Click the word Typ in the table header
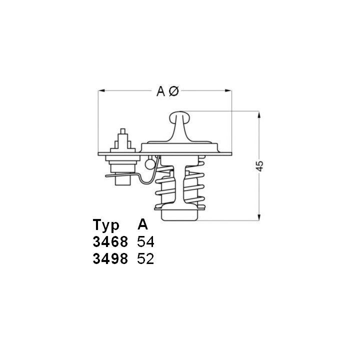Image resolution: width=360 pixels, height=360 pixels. (106, 224)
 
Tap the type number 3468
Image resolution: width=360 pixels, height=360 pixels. (110, 242)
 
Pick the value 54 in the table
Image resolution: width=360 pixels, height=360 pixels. (145, 242)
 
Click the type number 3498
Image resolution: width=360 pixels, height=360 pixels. (110, 259)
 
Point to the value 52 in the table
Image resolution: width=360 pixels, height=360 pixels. (145, 259)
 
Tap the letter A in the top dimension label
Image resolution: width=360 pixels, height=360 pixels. (161, 91)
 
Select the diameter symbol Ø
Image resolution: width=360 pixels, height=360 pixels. (173, 91)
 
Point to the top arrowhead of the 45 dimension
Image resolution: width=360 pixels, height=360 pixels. (259, 115)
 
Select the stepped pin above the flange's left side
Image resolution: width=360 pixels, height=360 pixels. (122, 140)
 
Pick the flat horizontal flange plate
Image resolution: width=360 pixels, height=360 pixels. (210, 152)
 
